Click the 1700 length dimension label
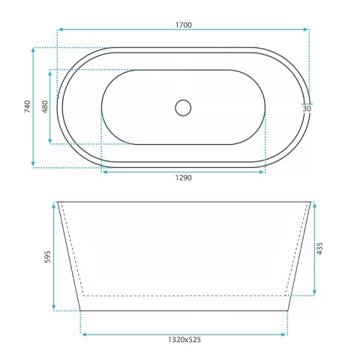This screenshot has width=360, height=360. pyautogui.click(x=184, y=25)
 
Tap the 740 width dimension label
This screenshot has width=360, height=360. pyautogui.click(x=27, y=106)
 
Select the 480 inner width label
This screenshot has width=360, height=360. pyautogui.click(x=45, y=106)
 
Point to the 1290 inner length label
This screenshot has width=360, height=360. pyautogui.click(x=183, y=178)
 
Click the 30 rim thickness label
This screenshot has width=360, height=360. pyautogui.click(x=307, y=109)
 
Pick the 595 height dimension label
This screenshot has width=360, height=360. pyautogui.click(x=47, y=256)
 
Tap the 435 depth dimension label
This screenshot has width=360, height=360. pyautogui.click(x=319, y=248)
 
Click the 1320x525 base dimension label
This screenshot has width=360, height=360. pyautogui.click(x=184, y=340)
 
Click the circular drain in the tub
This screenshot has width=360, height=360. pyautogui.click(x=183, y=108)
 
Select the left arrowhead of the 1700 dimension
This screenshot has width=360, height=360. pyautogui.click(x=60, y=29)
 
